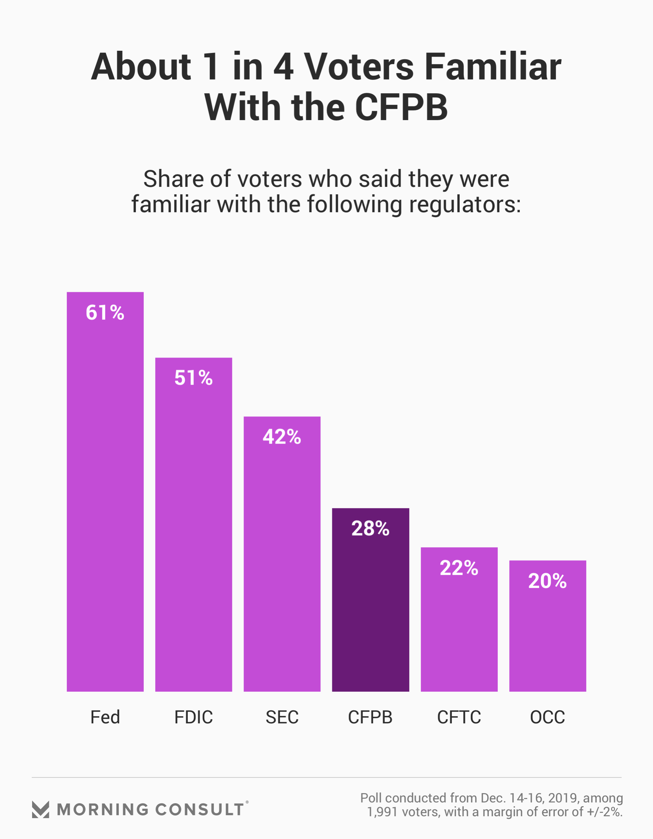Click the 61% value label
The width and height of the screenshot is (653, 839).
(x=105, y=312)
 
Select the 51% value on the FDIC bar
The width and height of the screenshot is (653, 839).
(x=193, y=378)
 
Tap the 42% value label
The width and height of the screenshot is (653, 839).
(x=282, y=437)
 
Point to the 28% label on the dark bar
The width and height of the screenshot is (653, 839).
(x=370, y=528)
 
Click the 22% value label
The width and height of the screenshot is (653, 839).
(x=459, y=568)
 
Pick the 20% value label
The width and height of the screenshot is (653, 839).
(x=547, y=581)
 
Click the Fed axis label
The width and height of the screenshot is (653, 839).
(x=105, y=717)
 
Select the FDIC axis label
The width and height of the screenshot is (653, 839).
(x=193, y=717)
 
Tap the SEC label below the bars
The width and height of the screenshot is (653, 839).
(x=282, y=717)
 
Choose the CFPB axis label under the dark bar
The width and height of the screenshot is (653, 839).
(x=370, y=717)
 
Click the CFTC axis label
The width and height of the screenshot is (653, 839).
(x=459, y=717)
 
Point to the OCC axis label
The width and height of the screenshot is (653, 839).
(x=547, y=717)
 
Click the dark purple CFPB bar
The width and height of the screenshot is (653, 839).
(x=370, y=615)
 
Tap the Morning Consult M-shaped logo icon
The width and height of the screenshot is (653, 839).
(x=40, y=810)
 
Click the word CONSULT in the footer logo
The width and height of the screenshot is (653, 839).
(x=200, y=810)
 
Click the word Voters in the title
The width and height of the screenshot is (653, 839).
(x=359, y=67)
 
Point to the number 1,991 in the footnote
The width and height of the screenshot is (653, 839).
(x=382, y=812)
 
